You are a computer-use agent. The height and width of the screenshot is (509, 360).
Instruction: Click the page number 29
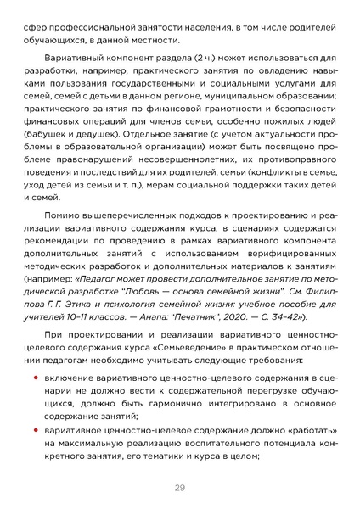pos(180,487)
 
